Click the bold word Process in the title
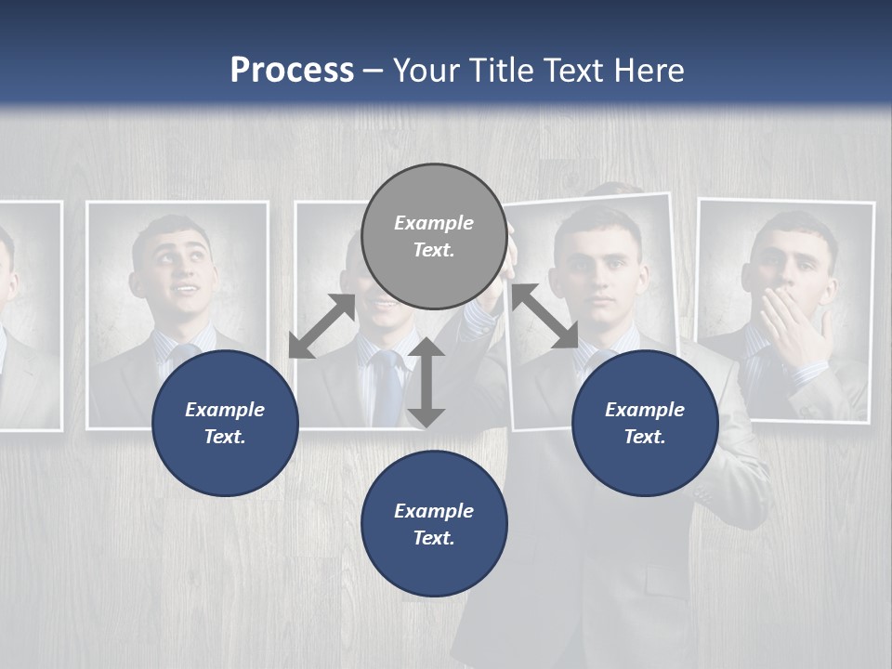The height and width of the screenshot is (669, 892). pos(292,71)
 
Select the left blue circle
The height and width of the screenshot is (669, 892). pos(225,423)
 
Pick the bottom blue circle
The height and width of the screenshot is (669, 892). pos(434,524)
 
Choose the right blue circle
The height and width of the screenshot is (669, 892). pos(645,423)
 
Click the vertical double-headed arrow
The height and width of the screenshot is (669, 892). pos(426,382)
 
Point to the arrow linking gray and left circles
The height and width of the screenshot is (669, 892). pos(321,325)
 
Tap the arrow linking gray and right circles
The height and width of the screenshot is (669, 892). pos(544,317)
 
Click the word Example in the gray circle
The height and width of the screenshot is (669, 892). pos(434,223)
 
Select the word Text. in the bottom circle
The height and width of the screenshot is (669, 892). pos(434,538)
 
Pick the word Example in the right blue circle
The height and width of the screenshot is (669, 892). pos(645,410)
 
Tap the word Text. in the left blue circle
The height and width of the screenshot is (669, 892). pos(225,437)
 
